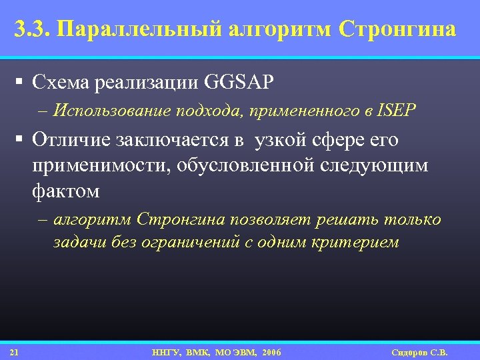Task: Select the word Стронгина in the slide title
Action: pyautogui.click(x=397, y=30)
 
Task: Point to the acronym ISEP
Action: pyautogui.click(x=397, y=111)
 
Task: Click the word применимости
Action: pyautogui.click(x=95, y=167)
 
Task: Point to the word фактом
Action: pyautogui.click(x=65, y=191)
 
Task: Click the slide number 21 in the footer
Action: pyautogui.click(x=15, y=352)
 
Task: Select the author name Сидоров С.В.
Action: pyautogui.click(x=419, y=352)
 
